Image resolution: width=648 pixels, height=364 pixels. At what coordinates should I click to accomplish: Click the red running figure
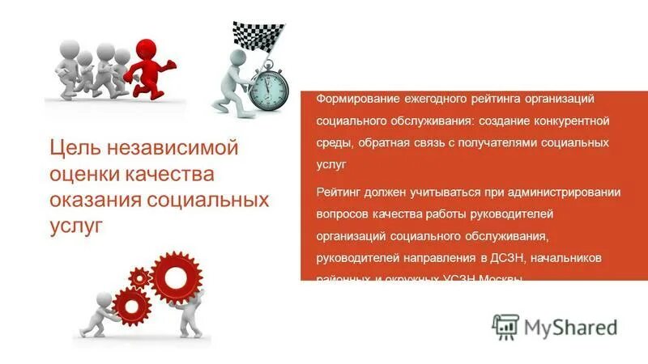point(151,66)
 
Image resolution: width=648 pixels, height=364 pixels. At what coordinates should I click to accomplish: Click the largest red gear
point(177,277)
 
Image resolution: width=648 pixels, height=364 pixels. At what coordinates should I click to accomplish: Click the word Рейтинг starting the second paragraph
point(338,193)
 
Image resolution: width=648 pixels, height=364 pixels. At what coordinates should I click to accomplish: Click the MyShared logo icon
point(505,327)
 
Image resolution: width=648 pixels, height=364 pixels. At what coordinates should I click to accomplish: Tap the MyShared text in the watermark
point(570,327)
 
